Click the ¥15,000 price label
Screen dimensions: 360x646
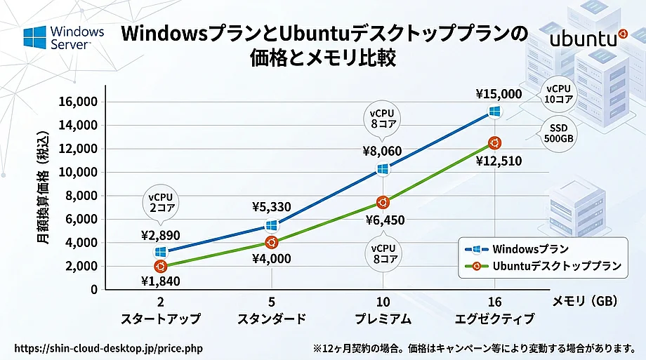(499, 93)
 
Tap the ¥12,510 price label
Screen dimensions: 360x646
(498, 161)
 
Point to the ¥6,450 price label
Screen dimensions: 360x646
(385, 220)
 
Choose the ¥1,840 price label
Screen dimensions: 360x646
(161, 283)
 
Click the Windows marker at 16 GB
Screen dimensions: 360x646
(495, 112)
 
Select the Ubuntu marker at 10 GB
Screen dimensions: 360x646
(383, 202)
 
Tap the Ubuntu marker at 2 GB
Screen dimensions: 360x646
(161, 266)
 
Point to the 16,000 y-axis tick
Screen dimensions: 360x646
(77, 102)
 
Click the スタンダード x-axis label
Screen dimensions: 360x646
(272, 319)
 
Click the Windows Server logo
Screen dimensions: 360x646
(64, 37)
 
